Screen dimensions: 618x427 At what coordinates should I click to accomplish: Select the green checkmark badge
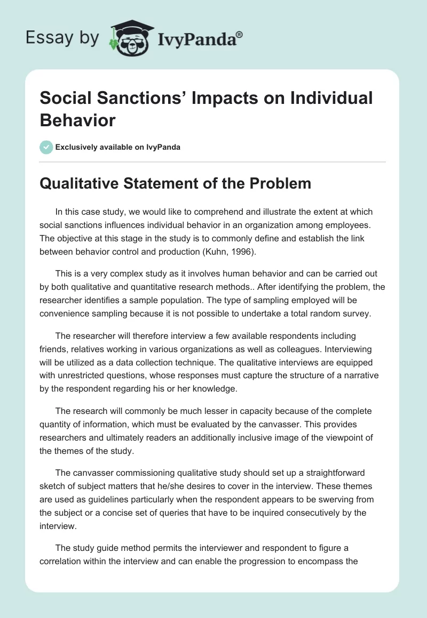(x=47, y=147)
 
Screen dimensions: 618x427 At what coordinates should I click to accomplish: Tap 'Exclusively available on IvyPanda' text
(x=118, y=147)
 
